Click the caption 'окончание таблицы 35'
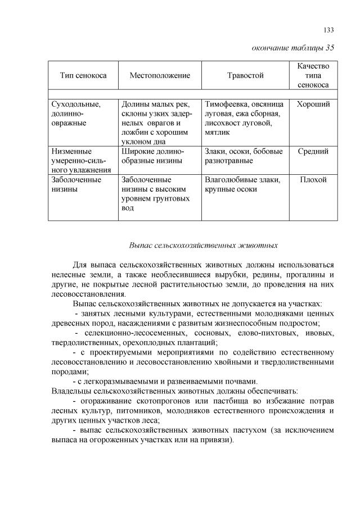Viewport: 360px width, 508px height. [292, 48]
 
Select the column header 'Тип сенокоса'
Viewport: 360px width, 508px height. [83, 75]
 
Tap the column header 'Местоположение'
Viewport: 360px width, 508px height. [160, 75]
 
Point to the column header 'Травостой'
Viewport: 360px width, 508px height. [245, 75]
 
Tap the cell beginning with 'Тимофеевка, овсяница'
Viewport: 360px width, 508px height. [242, 118]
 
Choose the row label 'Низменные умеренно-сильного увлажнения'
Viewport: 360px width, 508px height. [80, 160]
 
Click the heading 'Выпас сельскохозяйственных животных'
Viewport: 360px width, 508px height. [204, 246]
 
